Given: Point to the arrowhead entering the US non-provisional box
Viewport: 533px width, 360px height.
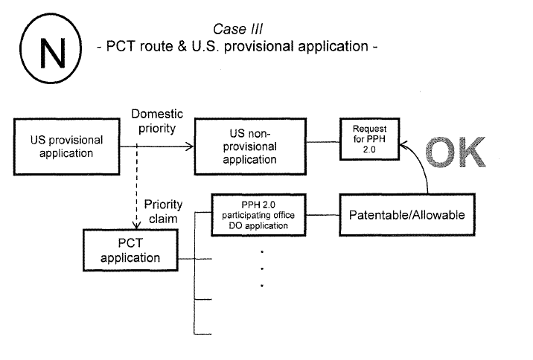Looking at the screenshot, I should (190, 147).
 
